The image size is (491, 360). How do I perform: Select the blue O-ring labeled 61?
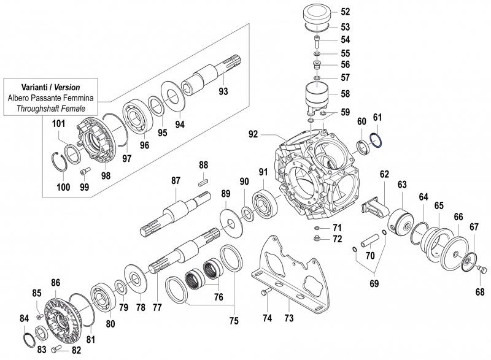pos(376,140)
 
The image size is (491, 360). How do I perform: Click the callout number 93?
pos(223,91)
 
